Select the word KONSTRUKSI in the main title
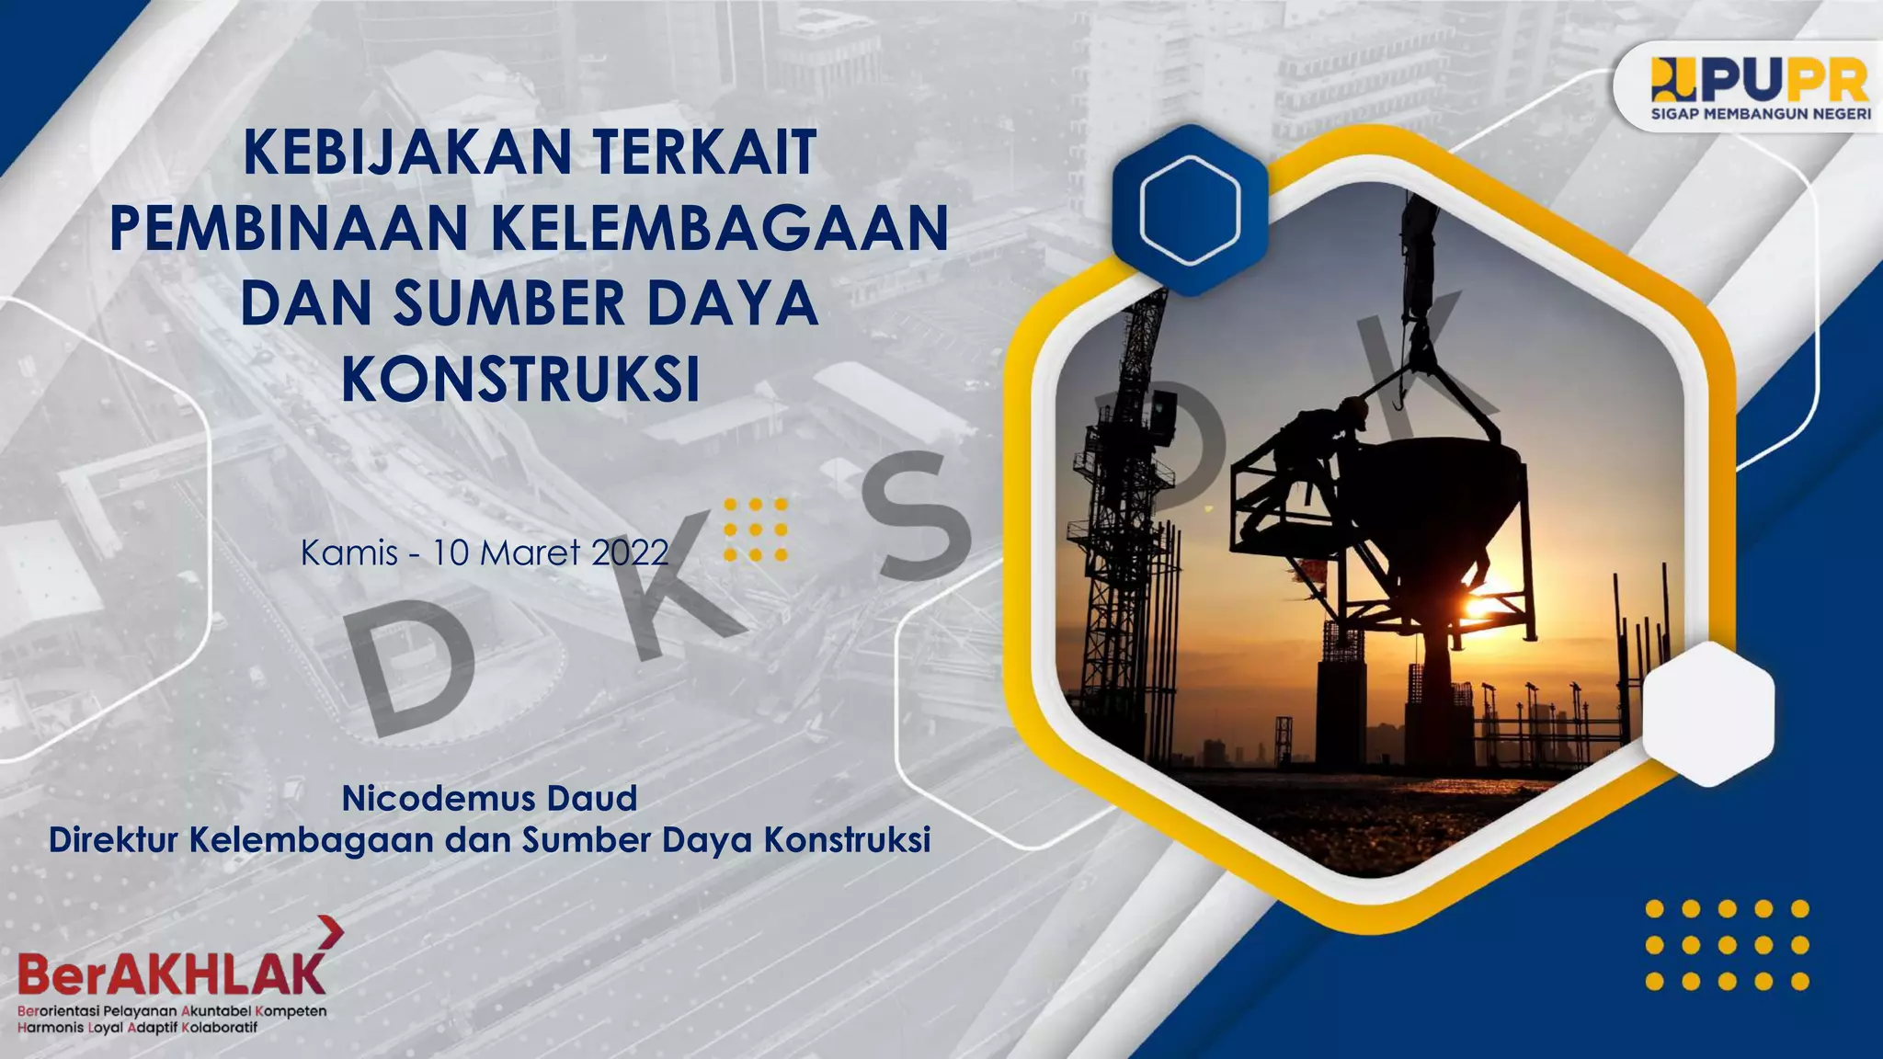pyautogui.click(x=520, y=379)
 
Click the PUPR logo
pyautogui.click(x=1760, y=81)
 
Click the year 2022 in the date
pyautogui.click(x=630, y=552)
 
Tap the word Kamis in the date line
pyautogui.click(x=349, y=552)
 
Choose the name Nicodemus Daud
pyautogui.click(x=489, y=798)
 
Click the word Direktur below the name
pyautogui.click(x=112, y=839)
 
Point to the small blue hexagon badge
pyautogui.click(x=1190, y=211)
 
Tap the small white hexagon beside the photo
pyautogui.click(x=1708, y=713)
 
